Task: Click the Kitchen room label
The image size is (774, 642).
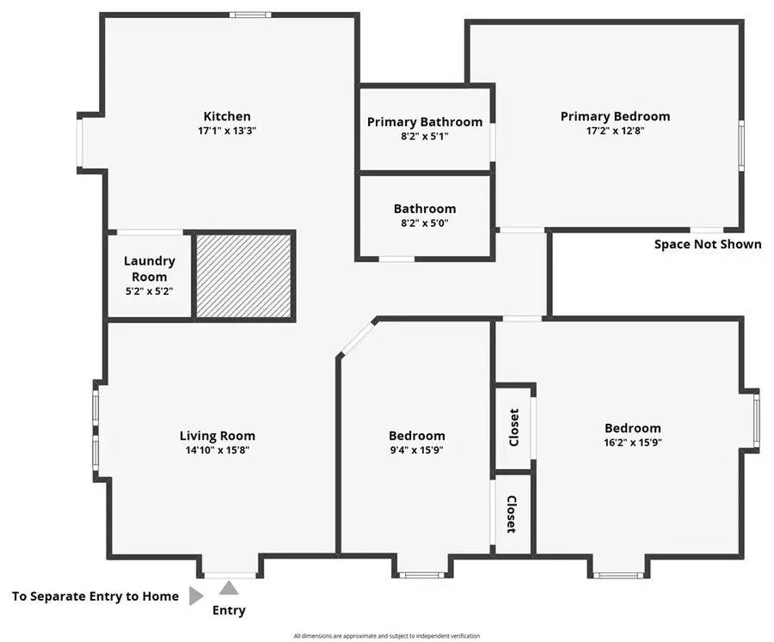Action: tap(227, 116)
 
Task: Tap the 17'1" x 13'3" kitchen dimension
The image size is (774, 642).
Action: tap(227, 131)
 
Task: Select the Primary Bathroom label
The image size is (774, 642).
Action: tap(425, 122)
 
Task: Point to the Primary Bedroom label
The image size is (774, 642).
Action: tap(615, 116)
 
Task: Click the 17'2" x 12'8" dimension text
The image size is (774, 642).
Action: tap(615, 131)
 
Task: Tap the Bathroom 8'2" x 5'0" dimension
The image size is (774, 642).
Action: tap(425, 223)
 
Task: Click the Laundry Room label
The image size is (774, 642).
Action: tap(149, 268)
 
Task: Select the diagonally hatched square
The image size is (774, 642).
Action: tap(245, 275)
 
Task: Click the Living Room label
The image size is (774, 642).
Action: tap(218, 436)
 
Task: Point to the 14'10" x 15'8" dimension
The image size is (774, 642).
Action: tap(218, 450)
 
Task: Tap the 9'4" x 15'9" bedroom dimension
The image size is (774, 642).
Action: tap(417, 450)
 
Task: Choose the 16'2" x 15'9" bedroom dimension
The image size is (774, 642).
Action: tap(633, 443)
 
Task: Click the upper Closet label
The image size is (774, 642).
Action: tap(513, 427)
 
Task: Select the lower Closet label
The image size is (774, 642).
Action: tap(512, 514)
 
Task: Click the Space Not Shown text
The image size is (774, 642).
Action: tap(708, 244)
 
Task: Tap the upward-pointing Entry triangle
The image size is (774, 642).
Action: tap(229, 590)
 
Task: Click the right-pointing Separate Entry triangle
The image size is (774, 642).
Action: tap(195, 596)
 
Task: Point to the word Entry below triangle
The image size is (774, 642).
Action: tap(229, 611)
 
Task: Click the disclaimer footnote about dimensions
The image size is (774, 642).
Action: tap(386, 636)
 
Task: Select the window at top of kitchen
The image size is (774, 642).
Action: tap(250, 15)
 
